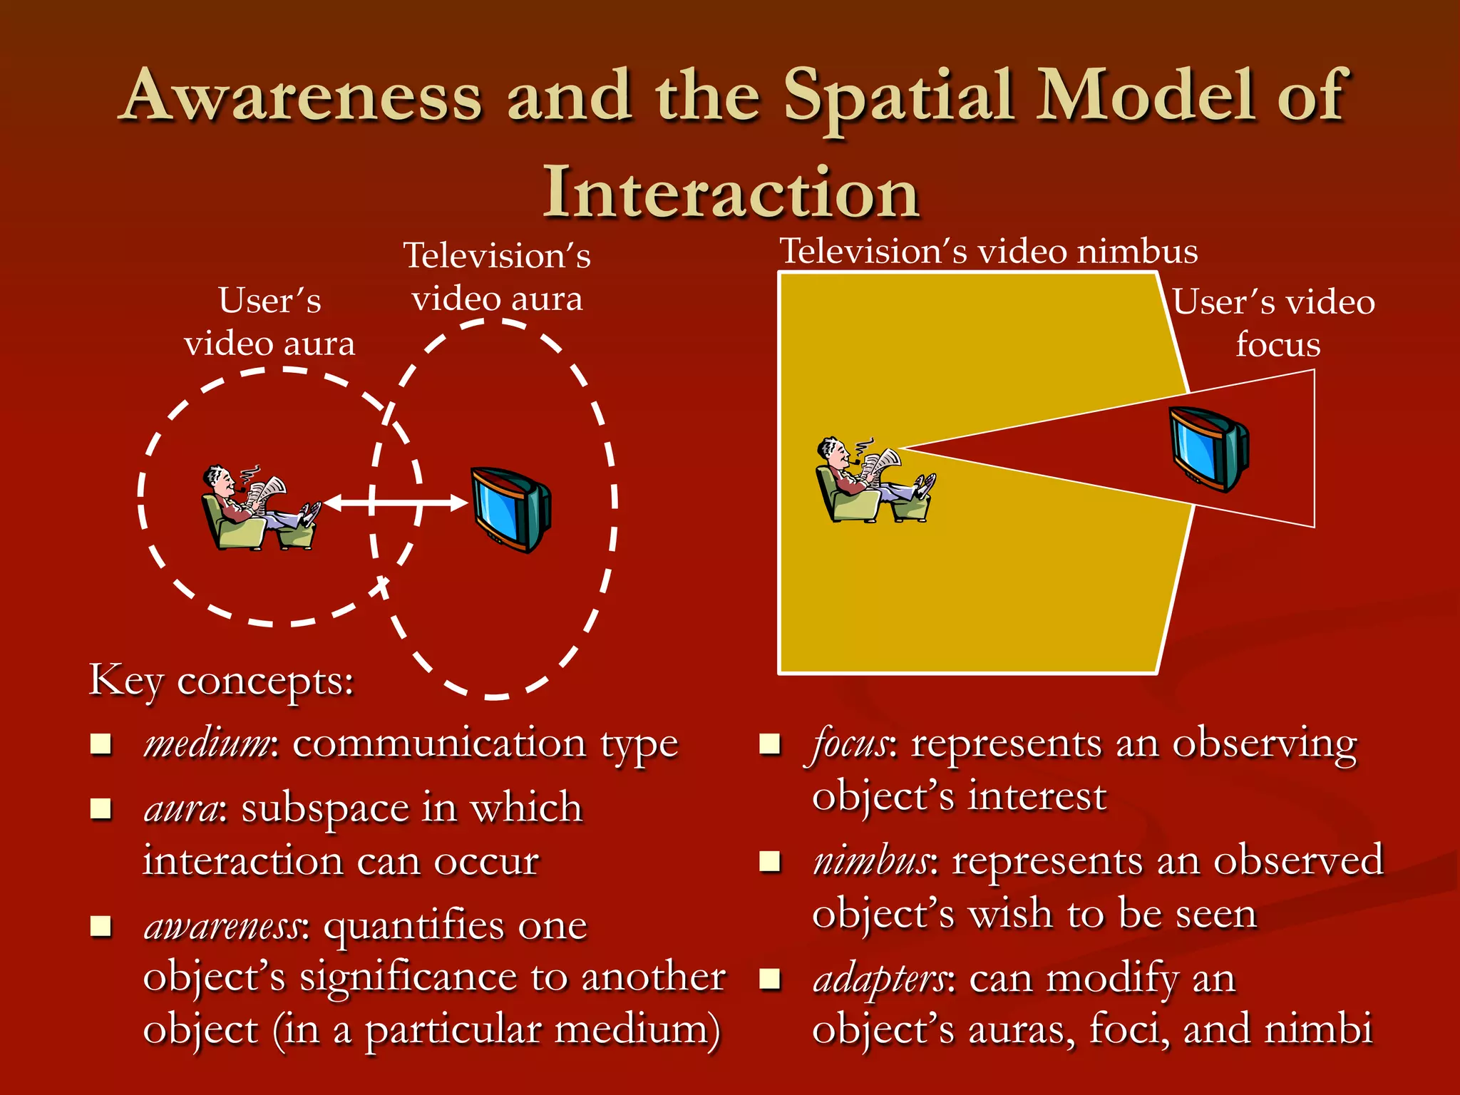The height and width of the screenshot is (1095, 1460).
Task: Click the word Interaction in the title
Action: tap(731, 194)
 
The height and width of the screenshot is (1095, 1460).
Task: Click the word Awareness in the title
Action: tap(304, 97)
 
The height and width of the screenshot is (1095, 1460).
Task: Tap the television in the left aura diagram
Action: tap(510, 509)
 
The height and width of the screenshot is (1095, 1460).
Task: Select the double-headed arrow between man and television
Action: tap(395, 503)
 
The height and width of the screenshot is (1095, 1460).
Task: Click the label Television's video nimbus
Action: tap(988, 251)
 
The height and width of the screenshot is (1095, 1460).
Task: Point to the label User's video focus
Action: tap(1275, 322)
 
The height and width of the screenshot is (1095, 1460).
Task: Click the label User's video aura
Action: tap(269, 322)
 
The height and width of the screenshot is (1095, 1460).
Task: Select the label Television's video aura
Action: tap(498, 277)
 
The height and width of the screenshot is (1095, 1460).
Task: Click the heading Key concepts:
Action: tap(221, 681)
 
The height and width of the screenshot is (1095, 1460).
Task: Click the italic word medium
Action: tap(207, 744)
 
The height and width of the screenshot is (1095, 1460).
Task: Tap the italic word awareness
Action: tap(225, 927)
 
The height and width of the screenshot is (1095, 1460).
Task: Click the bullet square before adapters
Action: tap(770, 979)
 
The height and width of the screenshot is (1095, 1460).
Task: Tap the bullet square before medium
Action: tap(101, 744)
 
